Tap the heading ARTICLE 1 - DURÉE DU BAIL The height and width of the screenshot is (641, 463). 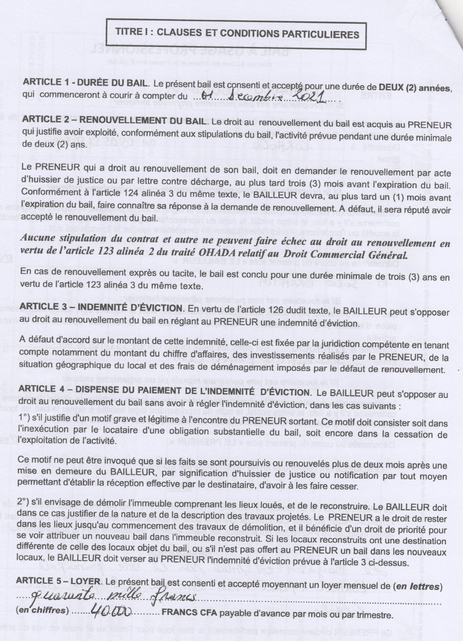(x=84, y=83)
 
